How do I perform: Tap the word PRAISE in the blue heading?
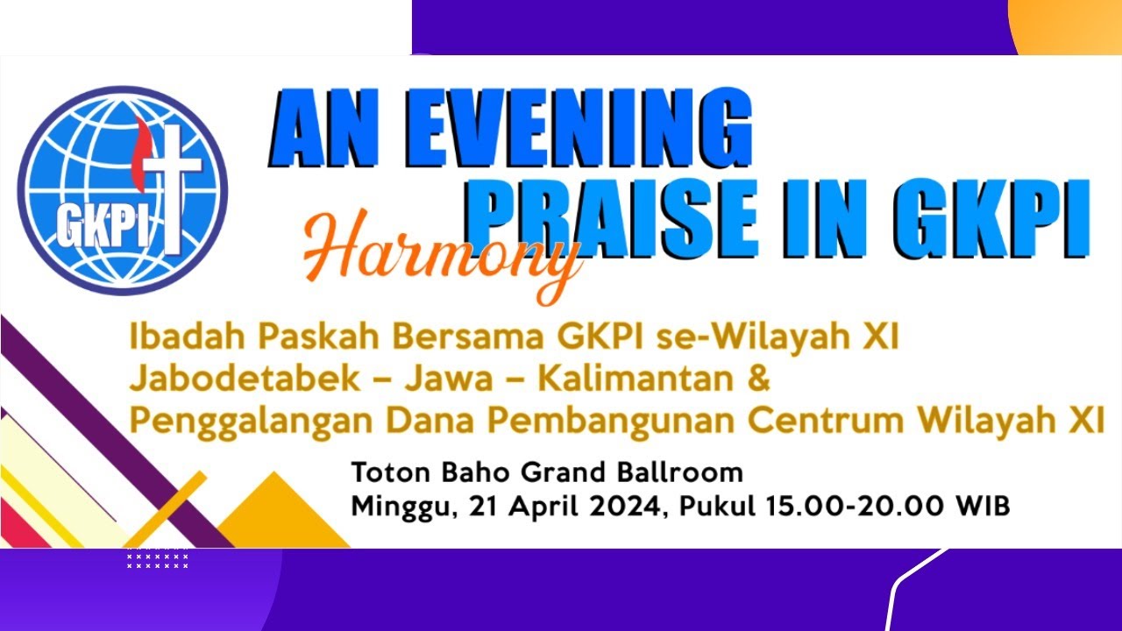point(614,219)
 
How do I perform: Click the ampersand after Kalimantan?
point(759,379)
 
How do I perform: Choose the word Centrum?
point(826,421)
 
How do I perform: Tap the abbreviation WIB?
point(983,507)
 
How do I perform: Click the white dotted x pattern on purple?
point(158,558)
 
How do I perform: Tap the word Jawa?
point(450,379)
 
